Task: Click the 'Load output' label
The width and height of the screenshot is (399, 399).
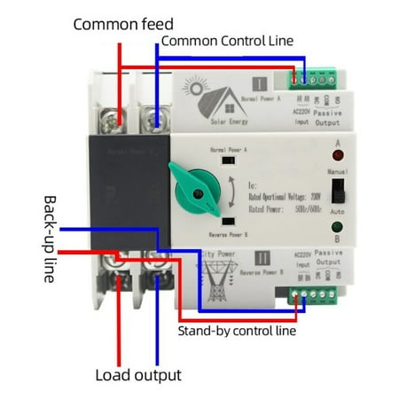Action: (137, 374)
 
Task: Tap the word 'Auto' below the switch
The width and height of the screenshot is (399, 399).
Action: (337, 213)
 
